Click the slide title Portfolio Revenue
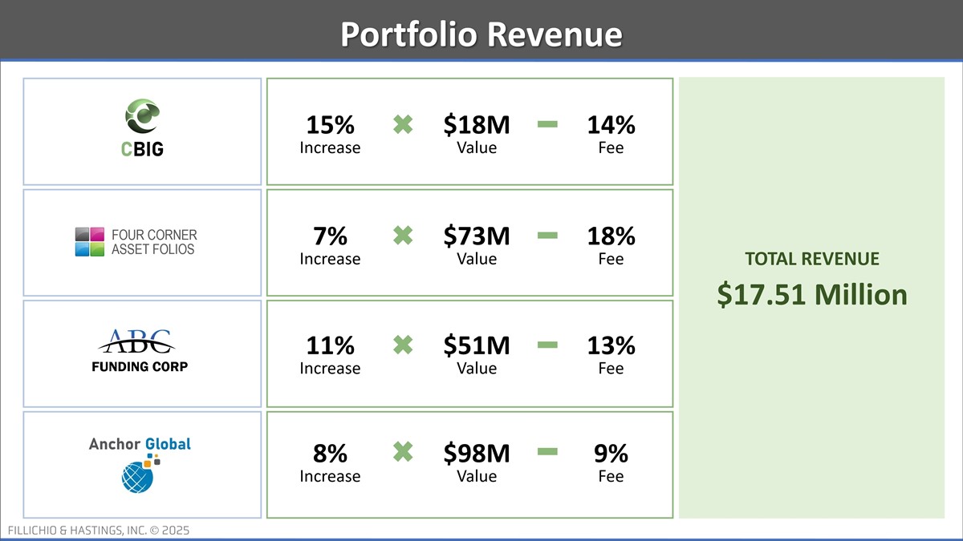coord(481,34)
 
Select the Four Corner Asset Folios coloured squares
coord(90,241)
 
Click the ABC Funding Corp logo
coord(136,351)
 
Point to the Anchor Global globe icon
coord(137,478)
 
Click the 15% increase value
coord(330,125)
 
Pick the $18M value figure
coord(477,125)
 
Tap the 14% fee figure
coord(611,125)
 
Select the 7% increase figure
coord(330,236)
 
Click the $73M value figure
coord(477,236)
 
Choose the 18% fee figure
coord(611,236)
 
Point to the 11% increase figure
coord(330,345)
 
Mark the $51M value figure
coord(477,345)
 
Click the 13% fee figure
coord(611,345)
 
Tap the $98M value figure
coord(477,454)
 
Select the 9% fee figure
coord(611,454)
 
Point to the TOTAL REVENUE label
coord(811,259)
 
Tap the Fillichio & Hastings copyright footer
coord(99,531)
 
